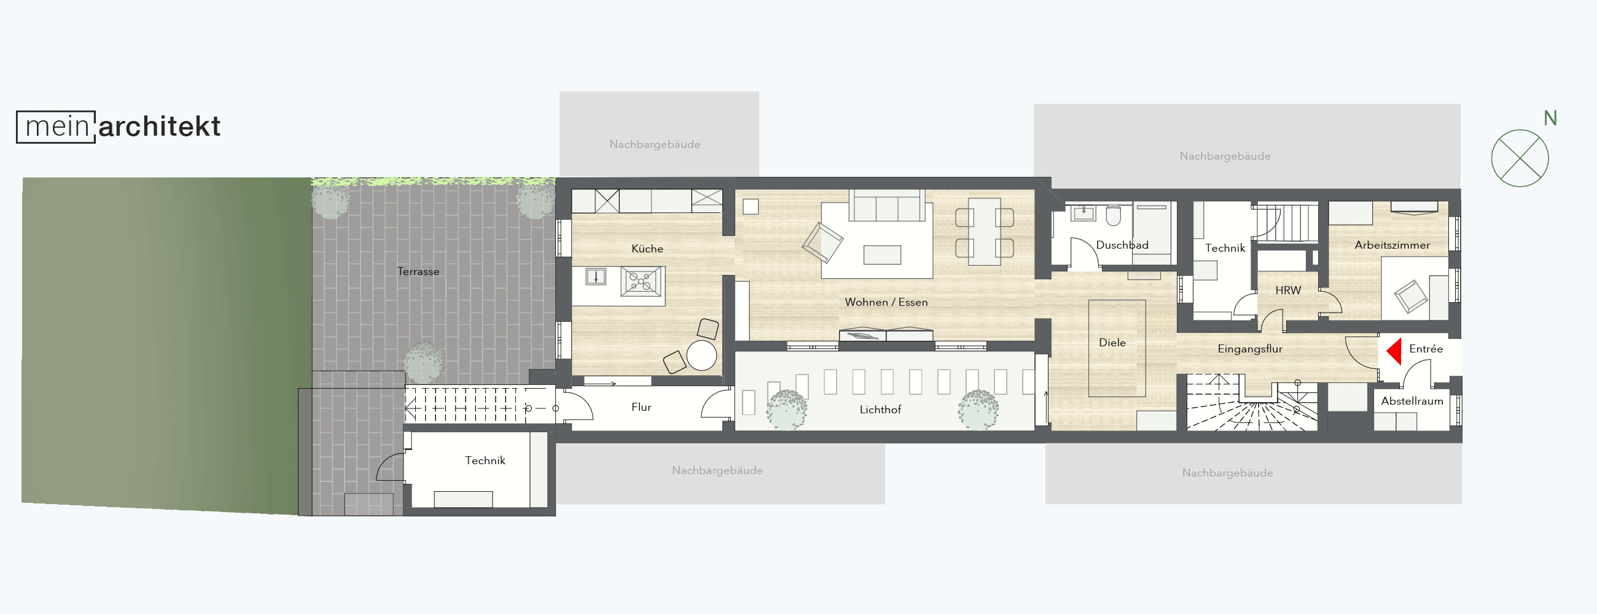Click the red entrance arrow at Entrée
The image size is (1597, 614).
click(x=1395, y=351)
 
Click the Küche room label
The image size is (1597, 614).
click(x=647, y=249)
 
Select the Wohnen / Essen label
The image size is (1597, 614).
click(x=886, y=302)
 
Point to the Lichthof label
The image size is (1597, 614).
click(x=880, y=410)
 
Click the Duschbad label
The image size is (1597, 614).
click(x=1122, y=245)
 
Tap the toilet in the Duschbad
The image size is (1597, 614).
click(x=1114, y=215)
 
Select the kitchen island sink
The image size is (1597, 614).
click(x=596, y=276)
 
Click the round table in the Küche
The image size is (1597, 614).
click(x=701, y=356)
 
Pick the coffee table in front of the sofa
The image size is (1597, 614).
click(x=882, y=255)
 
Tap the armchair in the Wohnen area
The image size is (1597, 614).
click(x=822, y=243)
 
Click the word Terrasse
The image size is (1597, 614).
click(x=418, y=271)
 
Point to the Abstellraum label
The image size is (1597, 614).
click(x=1412, y=401)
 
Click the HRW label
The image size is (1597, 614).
click(x=1288, y=290)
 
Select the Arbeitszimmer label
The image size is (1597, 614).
click(x=1392, y=245)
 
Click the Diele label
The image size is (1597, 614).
click(x=1112, y=343)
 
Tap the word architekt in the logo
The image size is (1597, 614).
click(x=159, y=126)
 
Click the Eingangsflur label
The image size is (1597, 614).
click(x=1250, y=349)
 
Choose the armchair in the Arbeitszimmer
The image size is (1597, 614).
click(x=1410, y=296)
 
